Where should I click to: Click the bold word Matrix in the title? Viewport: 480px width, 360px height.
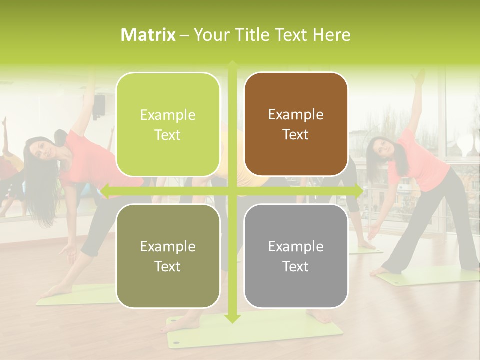pos(148,34)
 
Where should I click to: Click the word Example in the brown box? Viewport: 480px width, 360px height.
pos(296,114)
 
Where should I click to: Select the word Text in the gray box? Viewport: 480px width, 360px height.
pos(296,266)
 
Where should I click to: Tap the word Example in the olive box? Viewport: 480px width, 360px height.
pos(168,246)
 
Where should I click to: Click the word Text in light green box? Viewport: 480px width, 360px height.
pos(168,135)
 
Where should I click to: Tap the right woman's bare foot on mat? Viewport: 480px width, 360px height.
pos(382,270)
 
